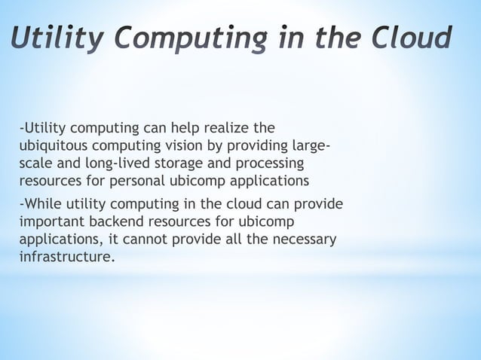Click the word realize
tap(228, 127)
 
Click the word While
tap(42, 205)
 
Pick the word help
tap(180, 127)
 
